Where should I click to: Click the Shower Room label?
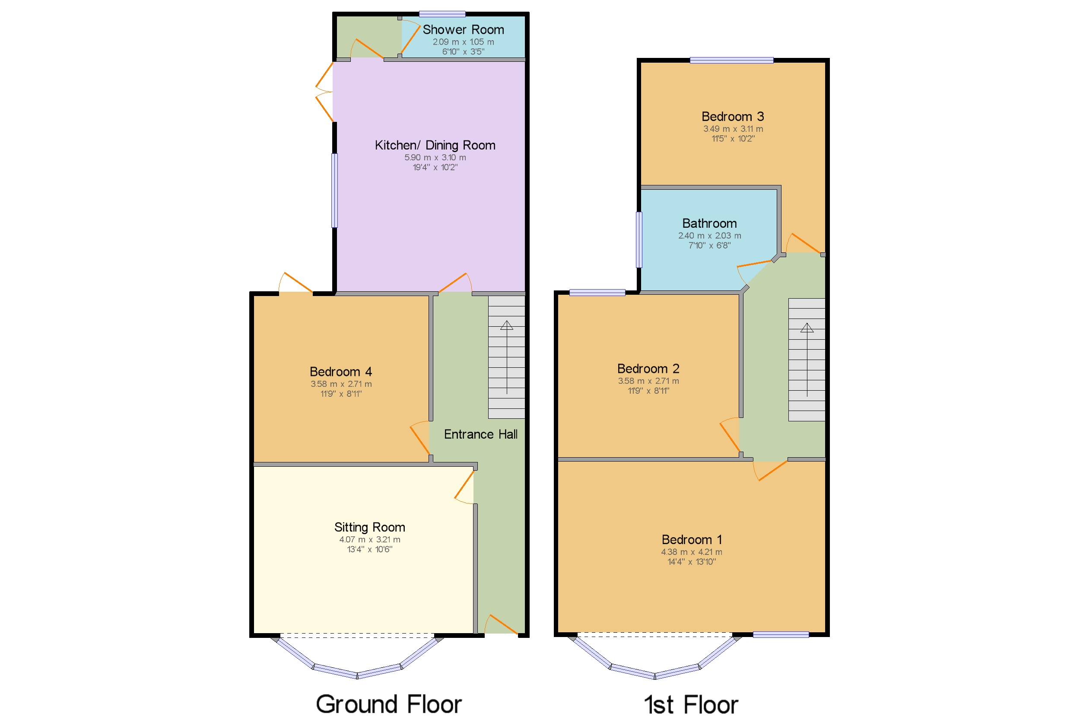463,30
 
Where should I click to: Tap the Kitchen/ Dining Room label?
435,145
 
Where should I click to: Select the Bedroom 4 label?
340,372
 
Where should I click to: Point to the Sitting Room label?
369,527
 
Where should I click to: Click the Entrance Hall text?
480,434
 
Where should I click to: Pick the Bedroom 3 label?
733,117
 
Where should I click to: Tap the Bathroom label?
709,223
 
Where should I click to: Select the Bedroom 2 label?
648,369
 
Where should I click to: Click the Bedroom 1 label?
691,539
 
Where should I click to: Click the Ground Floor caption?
388,704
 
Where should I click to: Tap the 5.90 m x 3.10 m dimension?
435,157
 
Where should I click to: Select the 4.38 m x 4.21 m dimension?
691,552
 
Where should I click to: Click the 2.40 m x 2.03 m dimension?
709,236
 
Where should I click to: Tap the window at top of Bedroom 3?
731,60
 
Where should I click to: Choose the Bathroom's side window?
638,239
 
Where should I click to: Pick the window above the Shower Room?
442,14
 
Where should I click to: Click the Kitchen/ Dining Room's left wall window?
335,191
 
